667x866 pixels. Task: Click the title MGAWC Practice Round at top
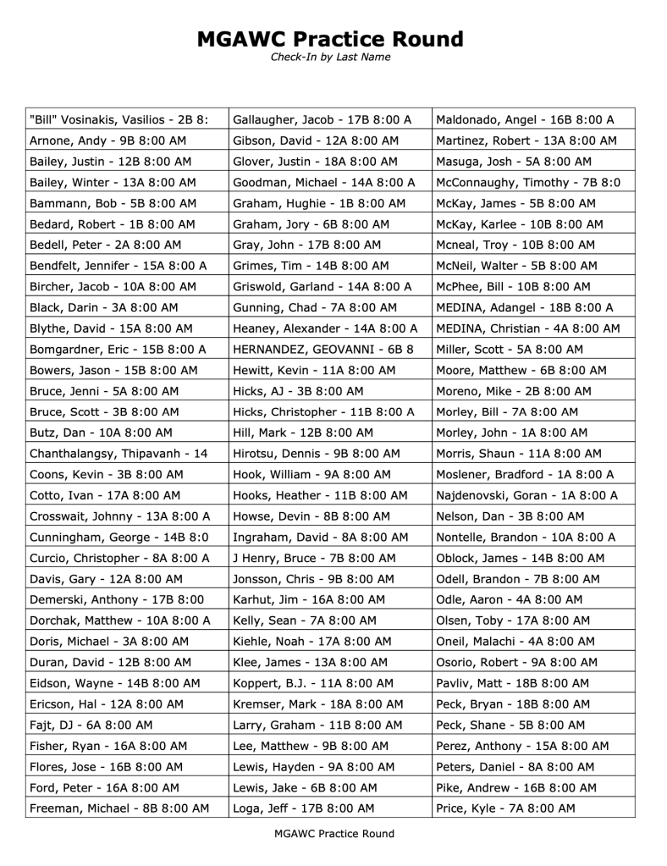(x=330, y=39)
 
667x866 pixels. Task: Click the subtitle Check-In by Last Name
(x=330, y=58)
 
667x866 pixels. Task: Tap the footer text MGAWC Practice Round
(x=333, y=834)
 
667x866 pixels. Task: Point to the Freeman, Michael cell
(x=119, y=808)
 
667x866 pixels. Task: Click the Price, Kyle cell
(x=505, y=808)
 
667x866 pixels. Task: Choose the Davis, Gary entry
(x=106, y=579)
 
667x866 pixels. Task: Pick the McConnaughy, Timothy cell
(x=528, y=182)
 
